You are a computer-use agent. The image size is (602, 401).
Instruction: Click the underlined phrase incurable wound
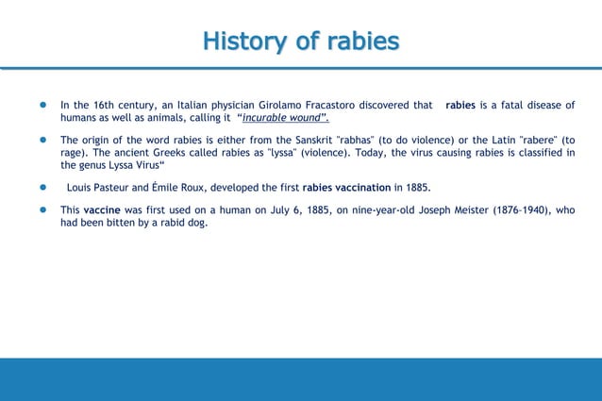[280, 118]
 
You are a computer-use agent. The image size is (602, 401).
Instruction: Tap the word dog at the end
[197, 223]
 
